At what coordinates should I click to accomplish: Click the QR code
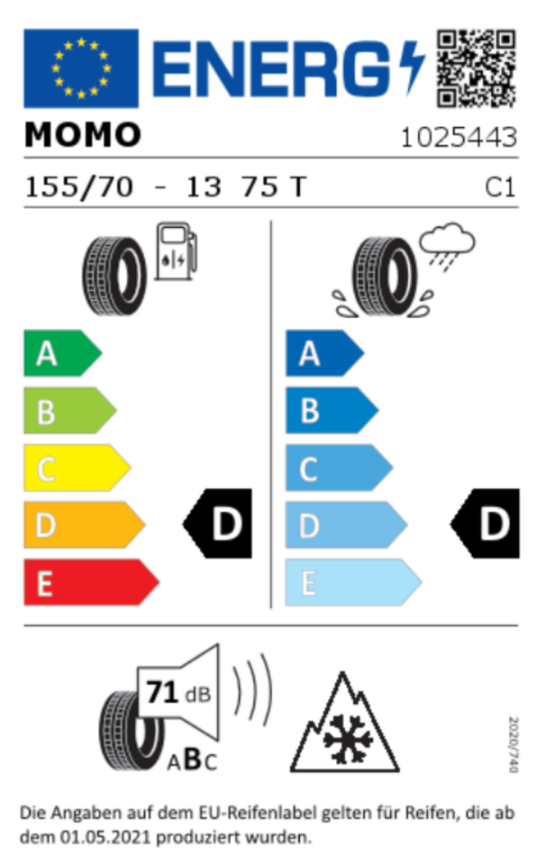476,68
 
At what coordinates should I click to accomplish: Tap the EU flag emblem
81,68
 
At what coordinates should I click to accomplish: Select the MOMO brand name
83,135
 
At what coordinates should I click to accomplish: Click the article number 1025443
459,137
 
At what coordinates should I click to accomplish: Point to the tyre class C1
500,187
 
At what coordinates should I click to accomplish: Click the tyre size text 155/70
79,187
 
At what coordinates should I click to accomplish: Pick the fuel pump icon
176,251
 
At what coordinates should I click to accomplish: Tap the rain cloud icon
447,245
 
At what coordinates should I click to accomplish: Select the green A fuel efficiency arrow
62,353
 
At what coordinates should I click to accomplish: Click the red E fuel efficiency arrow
92,583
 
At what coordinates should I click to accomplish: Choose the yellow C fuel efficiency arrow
77,468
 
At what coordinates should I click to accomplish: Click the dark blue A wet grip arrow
325,353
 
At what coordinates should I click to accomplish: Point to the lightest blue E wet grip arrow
353,583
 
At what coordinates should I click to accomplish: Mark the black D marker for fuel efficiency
217,524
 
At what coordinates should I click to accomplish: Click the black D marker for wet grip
485,524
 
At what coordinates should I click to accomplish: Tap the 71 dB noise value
178,694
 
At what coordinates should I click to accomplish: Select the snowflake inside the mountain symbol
348,739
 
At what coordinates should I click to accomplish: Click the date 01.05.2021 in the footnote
105,837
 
